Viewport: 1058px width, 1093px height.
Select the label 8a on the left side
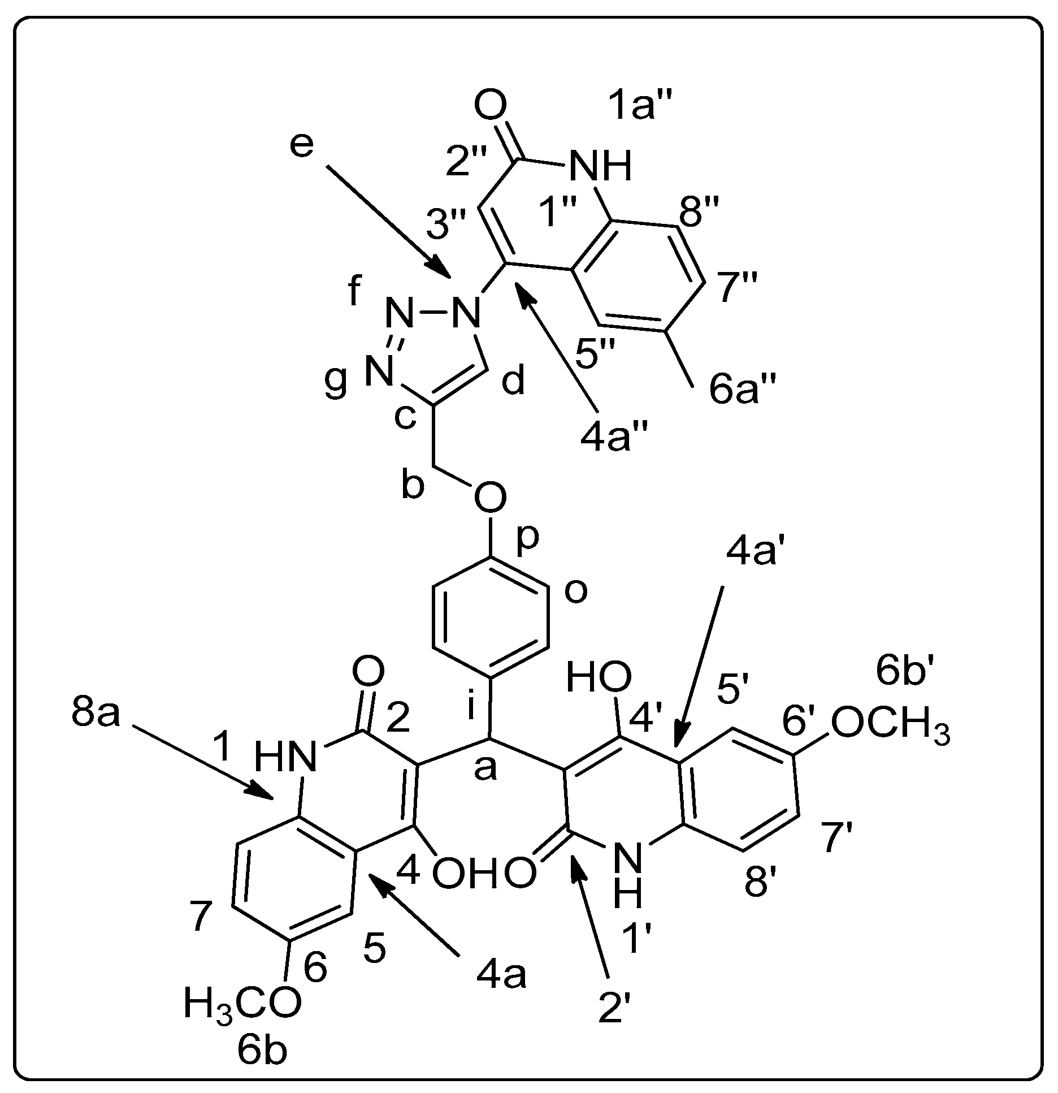coord(96,714)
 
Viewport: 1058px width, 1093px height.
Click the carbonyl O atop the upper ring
coord(490,106)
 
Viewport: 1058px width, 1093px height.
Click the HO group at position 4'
coord(599,677)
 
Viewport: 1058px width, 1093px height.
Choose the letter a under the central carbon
coord(484,768)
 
